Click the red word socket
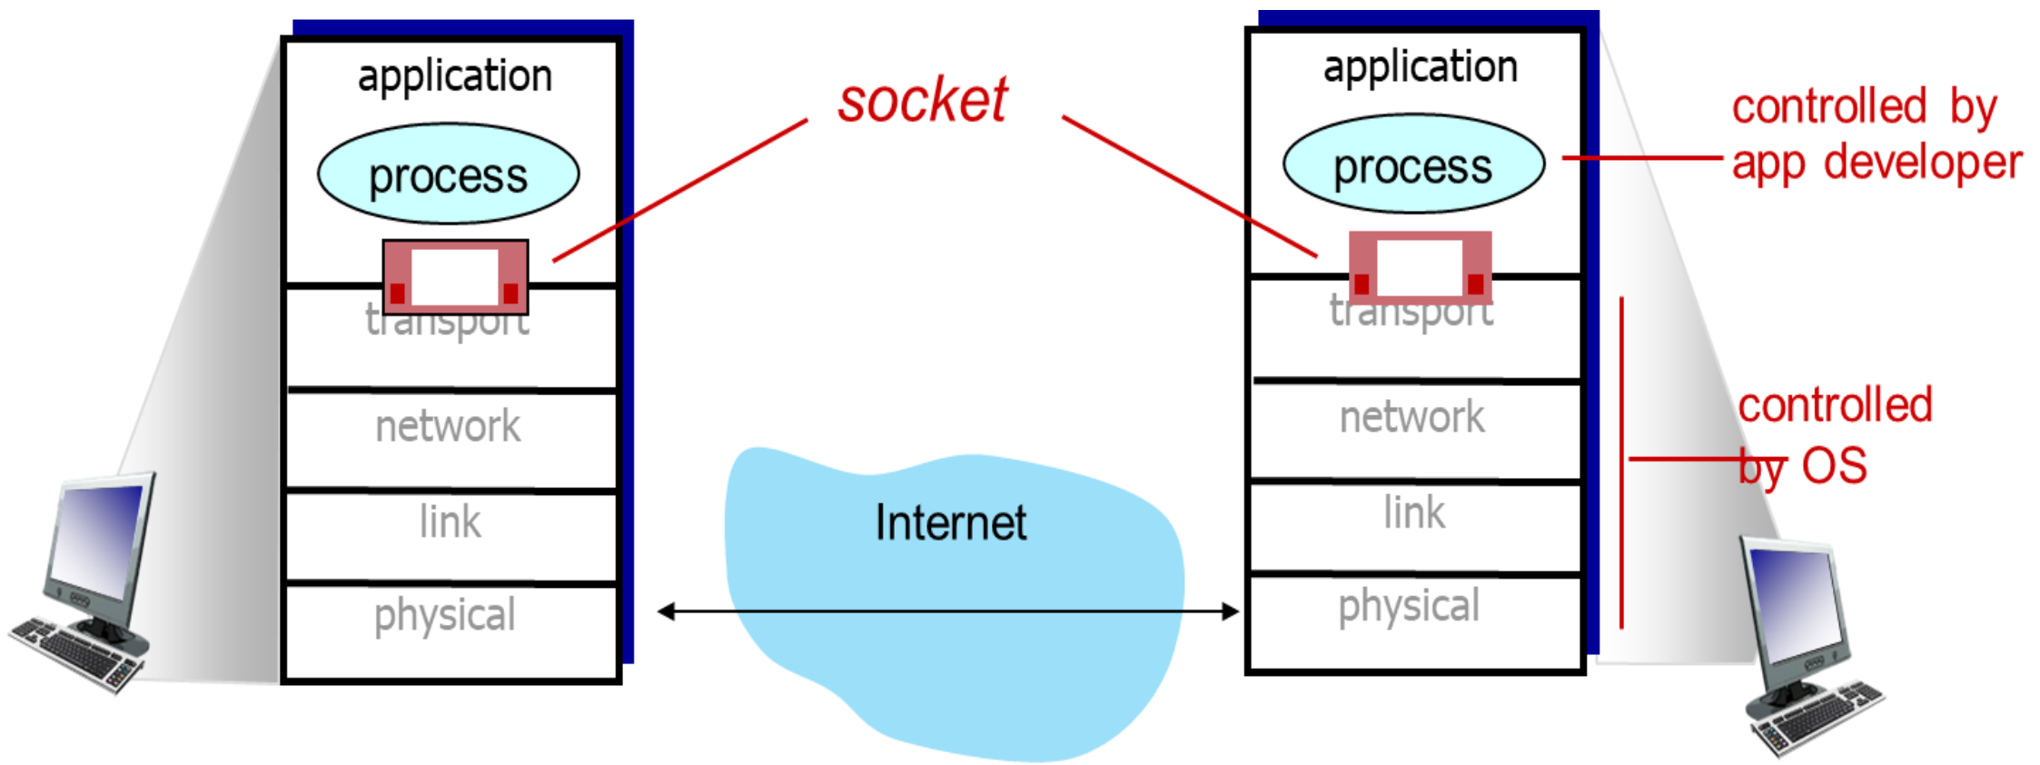[922, 100]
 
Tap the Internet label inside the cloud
[951, 523]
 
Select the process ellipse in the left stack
[448, 174]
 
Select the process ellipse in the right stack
[1413, 164]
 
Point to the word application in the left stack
[455, 75]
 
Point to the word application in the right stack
[1420, 66]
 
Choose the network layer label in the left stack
[448, 426]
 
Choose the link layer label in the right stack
[1414, 513]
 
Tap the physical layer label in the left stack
[444, 615]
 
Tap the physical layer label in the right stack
[1409, 606]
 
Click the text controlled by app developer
[1876, 135]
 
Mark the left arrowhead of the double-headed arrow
[666, 611]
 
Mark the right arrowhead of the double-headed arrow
[1231, 611]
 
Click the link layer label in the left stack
[450, 522]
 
